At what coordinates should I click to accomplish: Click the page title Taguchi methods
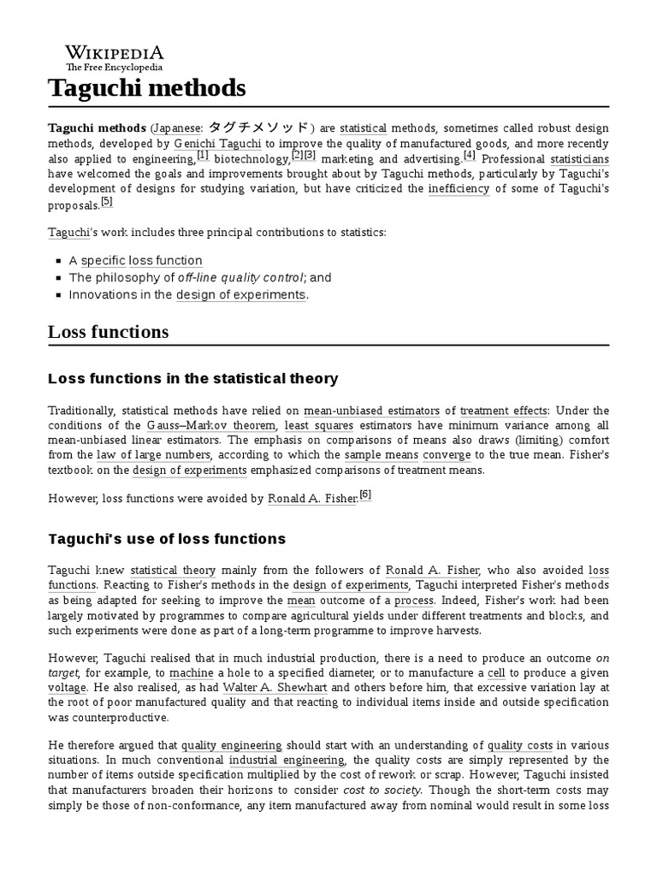click(146, 87)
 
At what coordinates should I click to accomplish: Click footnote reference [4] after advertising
click(469, 156)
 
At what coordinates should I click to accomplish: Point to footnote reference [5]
click(106, 202)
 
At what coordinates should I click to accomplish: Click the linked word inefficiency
click(459, 189)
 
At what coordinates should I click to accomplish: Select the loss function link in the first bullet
click(166, 261)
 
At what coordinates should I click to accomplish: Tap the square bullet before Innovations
click(58, 295)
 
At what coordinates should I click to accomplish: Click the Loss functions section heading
click(108, 332)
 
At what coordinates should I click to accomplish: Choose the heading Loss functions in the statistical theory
click(193, 378)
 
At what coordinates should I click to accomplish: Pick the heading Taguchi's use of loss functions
click(167, 539)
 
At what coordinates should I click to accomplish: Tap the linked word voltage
click(67, 688)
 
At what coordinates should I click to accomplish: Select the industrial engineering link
click(286, 760)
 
